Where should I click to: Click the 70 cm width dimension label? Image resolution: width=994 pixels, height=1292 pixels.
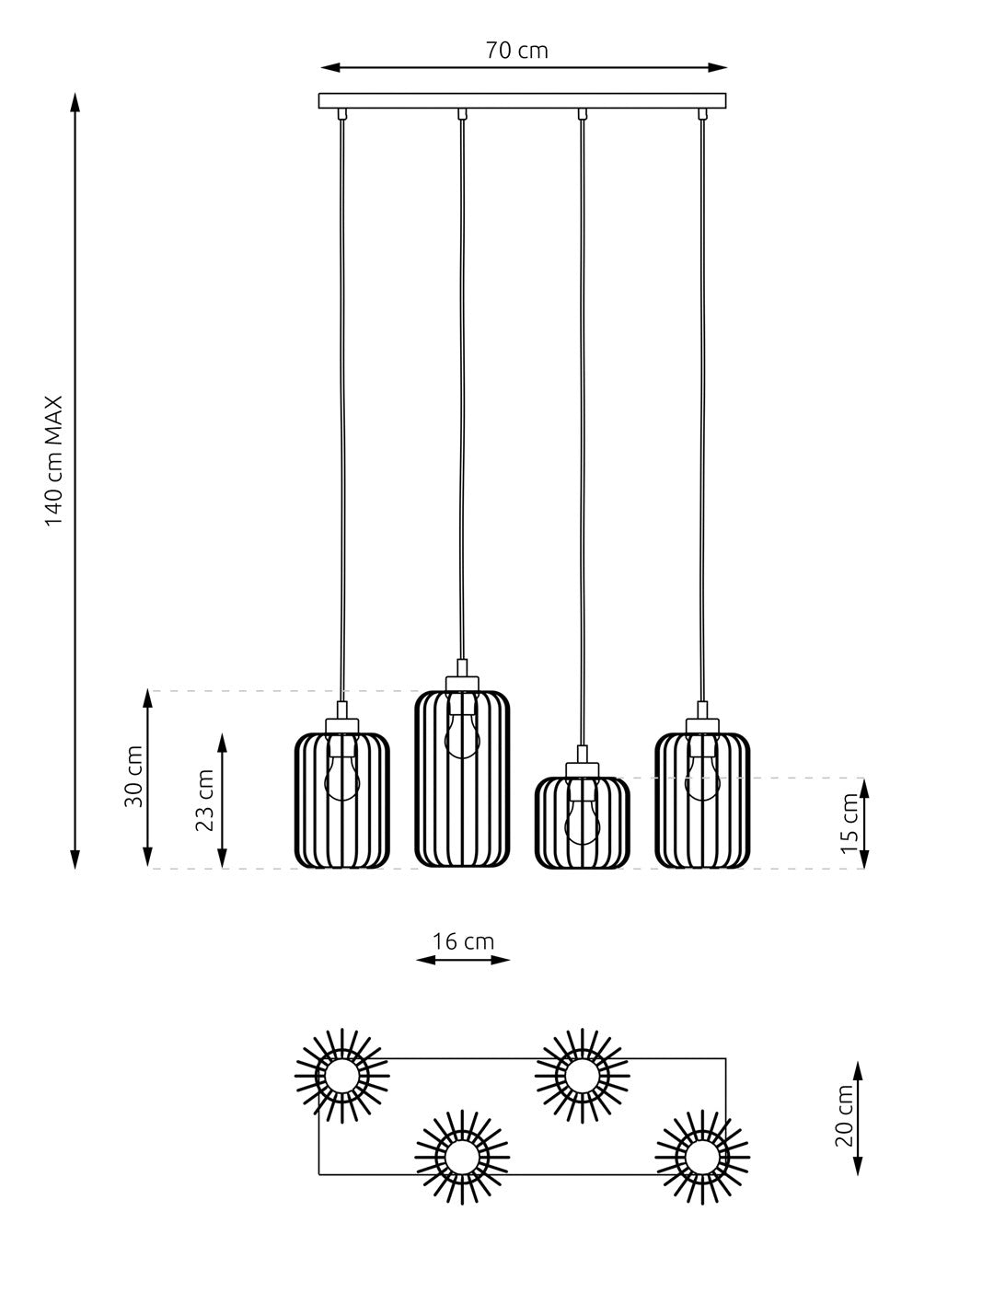coord(516,51)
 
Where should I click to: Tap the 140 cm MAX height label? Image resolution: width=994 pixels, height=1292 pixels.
coord(54,460)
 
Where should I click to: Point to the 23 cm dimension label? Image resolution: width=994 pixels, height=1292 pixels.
coord(205,800)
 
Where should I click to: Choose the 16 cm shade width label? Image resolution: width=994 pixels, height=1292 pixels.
coord(463,941)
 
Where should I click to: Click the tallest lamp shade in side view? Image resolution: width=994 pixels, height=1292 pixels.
coord(462,779)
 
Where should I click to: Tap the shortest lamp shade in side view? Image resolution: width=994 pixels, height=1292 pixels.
coord(583,823)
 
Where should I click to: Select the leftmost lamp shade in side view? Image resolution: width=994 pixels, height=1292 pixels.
coord(342,800)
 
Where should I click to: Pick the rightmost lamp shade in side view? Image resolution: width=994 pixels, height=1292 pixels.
coord(702,800)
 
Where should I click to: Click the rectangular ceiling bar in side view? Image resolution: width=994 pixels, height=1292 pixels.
coord(522,100)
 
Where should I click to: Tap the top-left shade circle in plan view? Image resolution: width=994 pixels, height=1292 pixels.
coord(342,1076)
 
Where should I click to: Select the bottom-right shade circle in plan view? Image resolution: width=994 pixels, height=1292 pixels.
coord(702,1155)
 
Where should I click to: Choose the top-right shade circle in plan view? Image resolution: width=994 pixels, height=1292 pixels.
coord(583,1076)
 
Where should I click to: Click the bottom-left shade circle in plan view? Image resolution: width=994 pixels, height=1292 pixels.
coord(462,1155)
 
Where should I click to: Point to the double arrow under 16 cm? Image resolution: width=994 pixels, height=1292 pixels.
coord(463,960)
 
